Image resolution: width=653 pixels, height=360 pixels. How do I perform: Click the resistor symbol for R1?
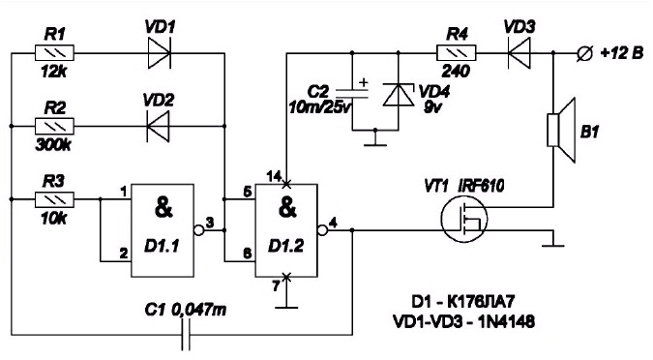54,53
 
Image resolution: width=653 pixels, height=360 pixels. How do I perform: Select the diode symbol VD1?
159,53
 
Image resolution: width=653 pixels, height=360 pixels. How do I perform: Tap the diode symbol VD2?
159,126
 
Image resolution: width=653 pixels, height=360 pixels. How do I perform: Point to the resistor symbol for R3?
54,199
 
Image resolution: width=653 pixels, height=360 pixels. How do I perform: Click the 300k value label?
53,145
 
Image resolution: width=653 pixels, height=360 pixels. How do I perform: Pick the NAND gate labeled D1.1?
163,230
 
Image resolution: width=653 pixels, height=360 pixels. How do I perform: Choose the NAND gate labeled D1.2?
286,230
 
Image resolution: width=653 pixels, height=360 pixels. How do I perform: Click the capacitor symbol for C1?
186,335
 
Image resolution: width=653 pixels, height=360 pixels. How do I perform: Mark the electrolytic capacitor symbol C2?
352,93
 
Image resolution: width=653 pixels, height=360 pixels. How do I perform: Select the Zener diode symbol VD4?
399,95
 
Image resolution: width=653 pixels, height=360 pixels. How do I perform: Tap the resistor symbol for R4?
457,53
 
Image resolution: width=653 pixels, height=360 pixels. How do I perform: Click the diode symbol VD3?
519,53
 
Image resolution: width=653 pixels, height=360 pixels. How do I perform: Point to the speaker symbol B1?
561,130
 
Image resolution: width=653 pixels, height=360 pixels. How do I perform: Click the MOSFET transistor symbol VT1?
464,219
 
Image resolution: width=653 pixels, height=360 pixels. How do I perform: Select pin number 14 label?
275,177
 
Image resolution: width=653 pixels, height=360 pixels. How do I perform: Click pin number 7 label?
276,286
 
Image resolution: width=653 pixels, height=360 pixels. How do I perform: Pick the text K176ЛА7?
483,301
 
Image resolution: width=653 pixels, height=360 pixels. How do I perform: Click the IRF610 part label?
481,186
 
